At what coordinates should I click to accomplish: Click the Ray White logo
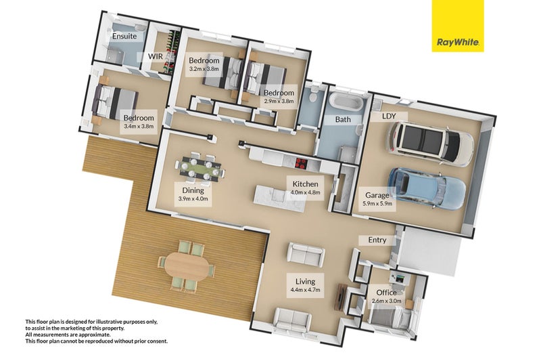458,26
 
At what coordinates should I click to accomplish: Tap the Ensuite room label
124,36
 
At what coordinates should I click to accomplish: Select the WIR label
156,56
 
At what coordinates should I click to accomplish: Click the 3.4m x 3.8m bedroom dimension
139,127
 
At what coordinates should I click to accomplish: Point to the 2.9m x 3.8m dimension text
279,101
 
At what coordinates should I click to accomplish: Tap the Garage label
377,195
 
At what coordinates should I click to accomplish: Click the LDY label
389,116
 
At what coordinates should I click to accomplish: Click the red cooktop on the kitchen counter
302,163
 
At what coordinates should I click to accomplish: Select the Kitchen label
306,184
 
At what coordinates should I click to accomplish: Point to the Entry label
377,240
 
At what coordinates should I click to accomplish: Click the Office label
386,293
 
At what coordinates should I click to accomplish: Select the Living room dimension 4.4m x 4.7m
306,289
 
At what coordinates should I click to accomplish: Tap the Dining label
193,190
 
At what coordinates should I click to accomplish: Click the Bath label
343,119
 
